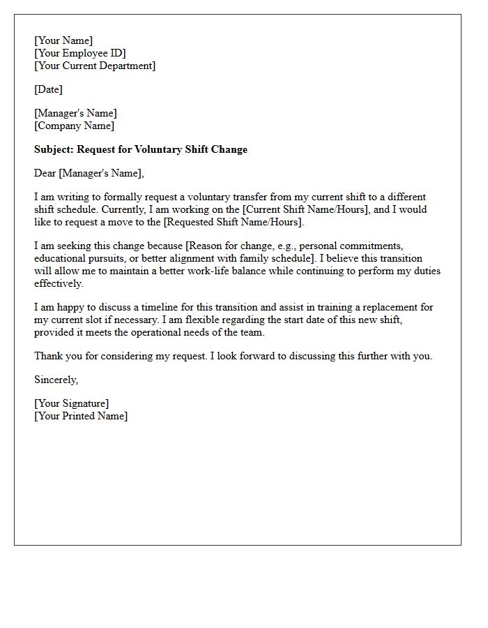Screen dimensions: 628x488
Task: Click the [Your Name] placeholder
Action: click(63, 40)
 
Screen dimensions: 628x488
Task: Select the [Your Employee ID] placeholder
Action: click(80, 53)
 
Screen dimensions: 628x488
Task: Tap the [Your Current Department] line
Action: click(95, 66)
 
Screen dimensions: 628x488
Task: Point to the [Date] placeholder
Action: click(48, 89)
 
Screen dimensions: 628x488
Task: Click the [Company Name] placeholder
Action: click(74, 126)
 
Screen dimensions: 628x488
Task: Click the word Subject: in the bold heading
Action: click(54, 149)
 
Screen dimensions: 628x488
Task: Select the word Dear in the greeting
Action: click(45, 173)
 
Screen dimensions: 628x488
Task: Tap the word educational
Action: click(61, 258)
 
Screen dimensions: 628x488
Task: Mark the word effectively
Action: click(59, 283)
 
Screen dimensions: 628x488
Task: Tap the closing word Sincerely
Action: click(56, 380)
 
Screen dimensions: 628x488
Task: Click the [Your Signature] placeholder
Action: click(71, 403)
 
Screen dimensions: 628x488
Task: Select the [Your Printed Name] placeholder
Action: click(81, 416)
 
